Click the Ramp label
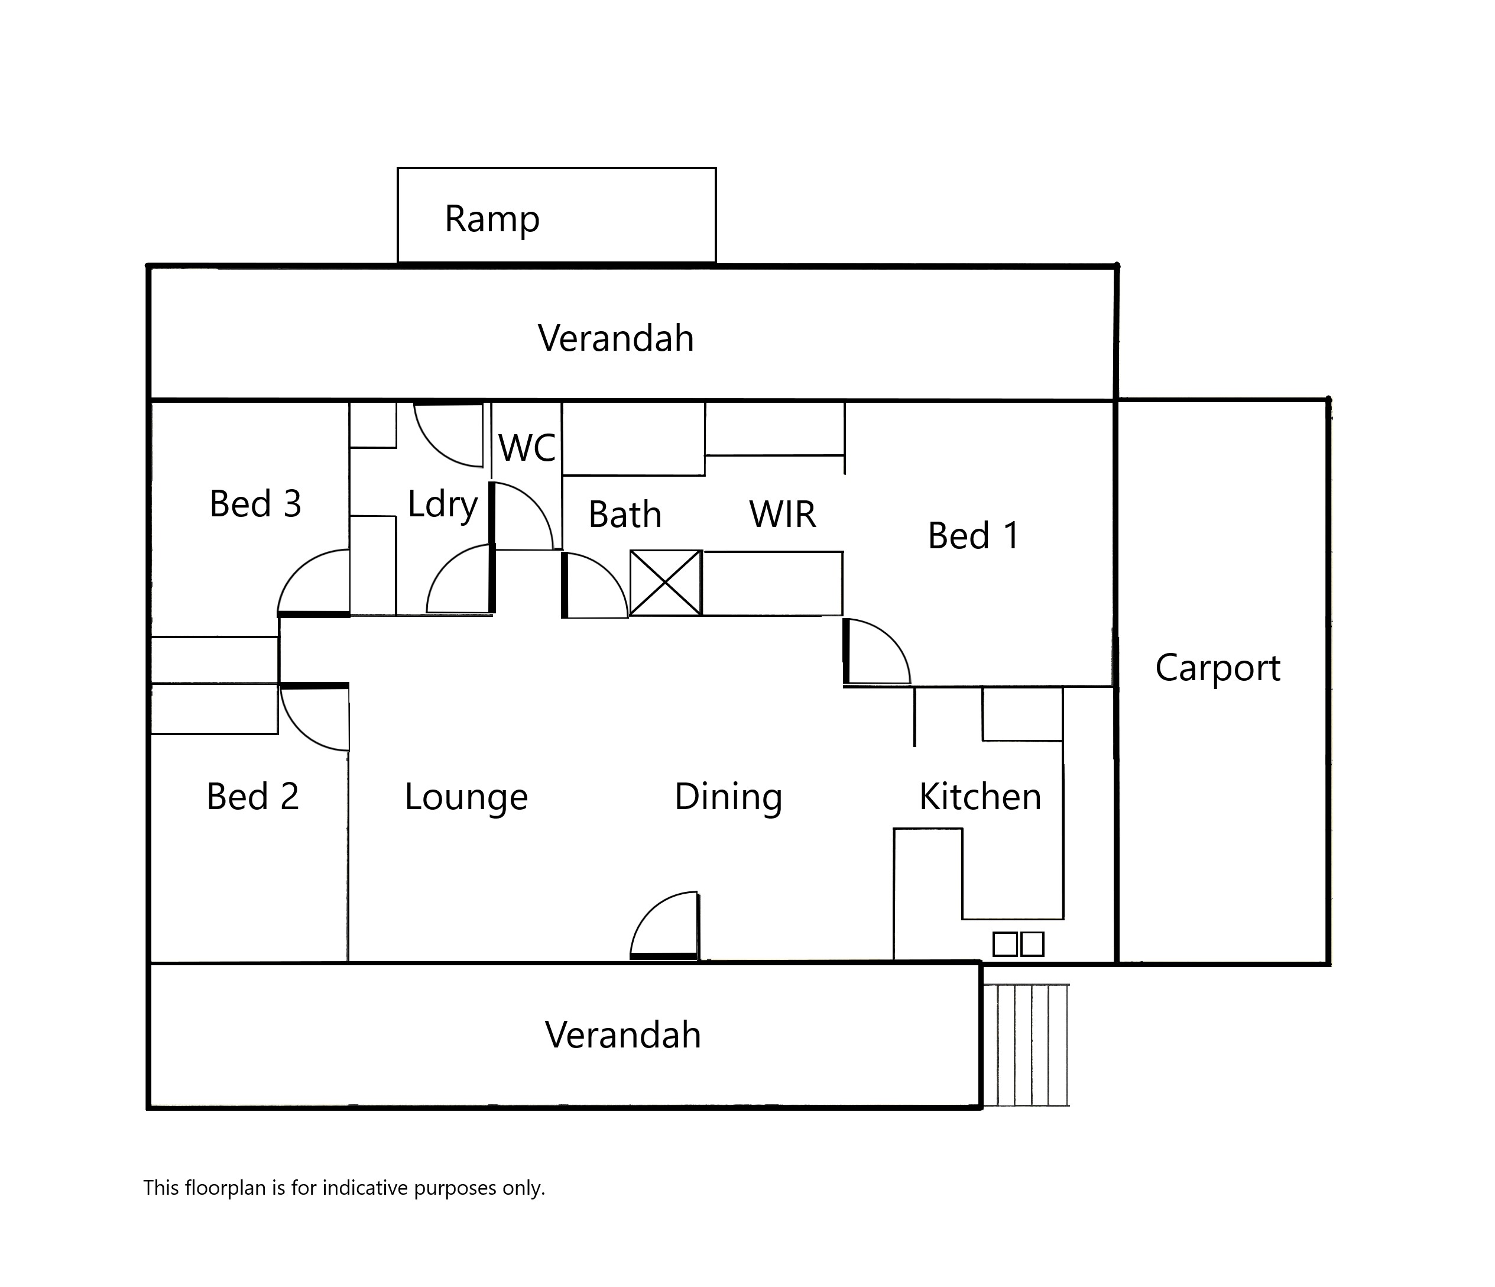coord(491,219)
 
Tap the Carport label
coord(1218,668)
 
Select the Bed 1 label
coord(974,536)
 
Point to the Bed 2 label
coord(252,796)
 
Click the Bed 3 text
coord(255,503)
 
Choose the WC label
coord(527,448)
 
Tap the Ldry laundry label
coord(442,505)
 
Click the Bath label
coord(625,515)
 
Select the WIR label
coord(783,515)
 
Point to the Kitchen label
coord(981,796)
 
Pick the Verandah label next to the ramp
coord(616,338)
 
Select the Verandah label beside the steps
coord(622,1035)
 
